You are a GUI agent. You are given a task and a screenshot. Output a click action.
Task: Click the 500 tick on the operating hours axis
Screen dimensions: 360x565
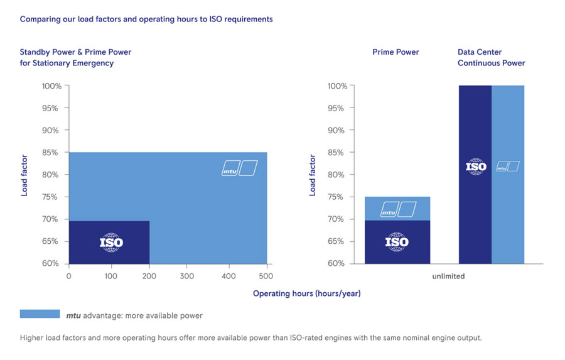(267, 275)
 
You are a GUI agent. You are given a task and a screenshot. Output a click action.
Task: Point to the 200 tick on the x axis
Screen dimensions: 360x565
(149, 275)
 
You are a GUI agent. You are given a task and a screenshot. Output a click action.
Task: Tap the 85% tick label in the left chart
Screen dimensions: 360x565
(50, 153)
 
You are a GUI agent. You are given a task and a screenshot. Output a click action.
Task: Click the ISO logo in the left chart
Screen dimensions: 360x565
(111, 243)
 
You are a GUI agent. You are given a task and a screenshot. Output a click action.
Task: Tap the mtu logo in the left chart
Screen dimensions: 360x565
(239, 168)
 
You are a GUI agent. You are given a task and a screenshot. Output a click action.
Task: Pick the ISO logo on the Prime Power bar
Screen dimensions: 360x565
(397, 242)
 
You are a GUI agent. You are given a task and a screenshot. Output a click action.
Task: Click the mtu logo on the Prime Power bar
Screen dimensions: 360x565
(399, 209)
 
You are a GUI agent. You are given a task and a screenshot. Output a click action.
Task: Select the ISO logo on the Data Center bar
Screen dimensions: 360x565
(476, 166)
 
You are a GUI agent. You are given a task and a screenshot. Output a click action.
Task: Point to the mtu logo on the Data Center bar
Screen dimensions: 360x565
(507, 166)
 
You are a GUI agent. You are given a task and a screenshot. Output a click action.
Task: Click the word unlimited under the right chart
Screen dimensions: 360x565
(448, 276)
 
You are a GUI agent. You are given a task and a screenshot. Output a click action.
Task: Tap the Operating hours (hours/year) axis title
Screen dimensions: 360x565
(307, 293)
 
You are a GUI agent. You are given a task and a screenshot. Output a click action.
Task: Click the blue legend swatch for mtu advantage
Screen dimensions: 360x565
(39, 314)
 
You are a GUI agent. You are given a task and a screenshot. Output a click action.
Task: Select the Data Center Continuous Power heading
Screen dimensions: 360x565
(491, 58)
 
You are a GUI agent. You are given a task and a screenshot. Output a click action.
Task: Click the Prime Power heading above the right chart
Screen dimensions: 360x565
(395, 52)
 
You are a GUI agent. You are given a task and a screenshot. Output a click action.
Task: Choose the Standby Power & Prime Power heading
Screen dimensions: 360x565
(75, 58)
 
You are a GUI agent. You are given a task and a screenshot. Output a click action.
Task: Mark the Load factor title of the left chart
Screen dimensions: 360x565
(24, 175)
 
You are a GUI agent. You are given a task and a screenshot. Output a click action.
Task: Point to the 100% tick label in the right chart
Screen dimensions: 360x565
(337, 86)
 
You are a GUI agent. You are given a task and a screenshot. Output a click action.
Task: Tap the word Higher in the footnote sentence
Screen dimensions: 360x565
(33, 338)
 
